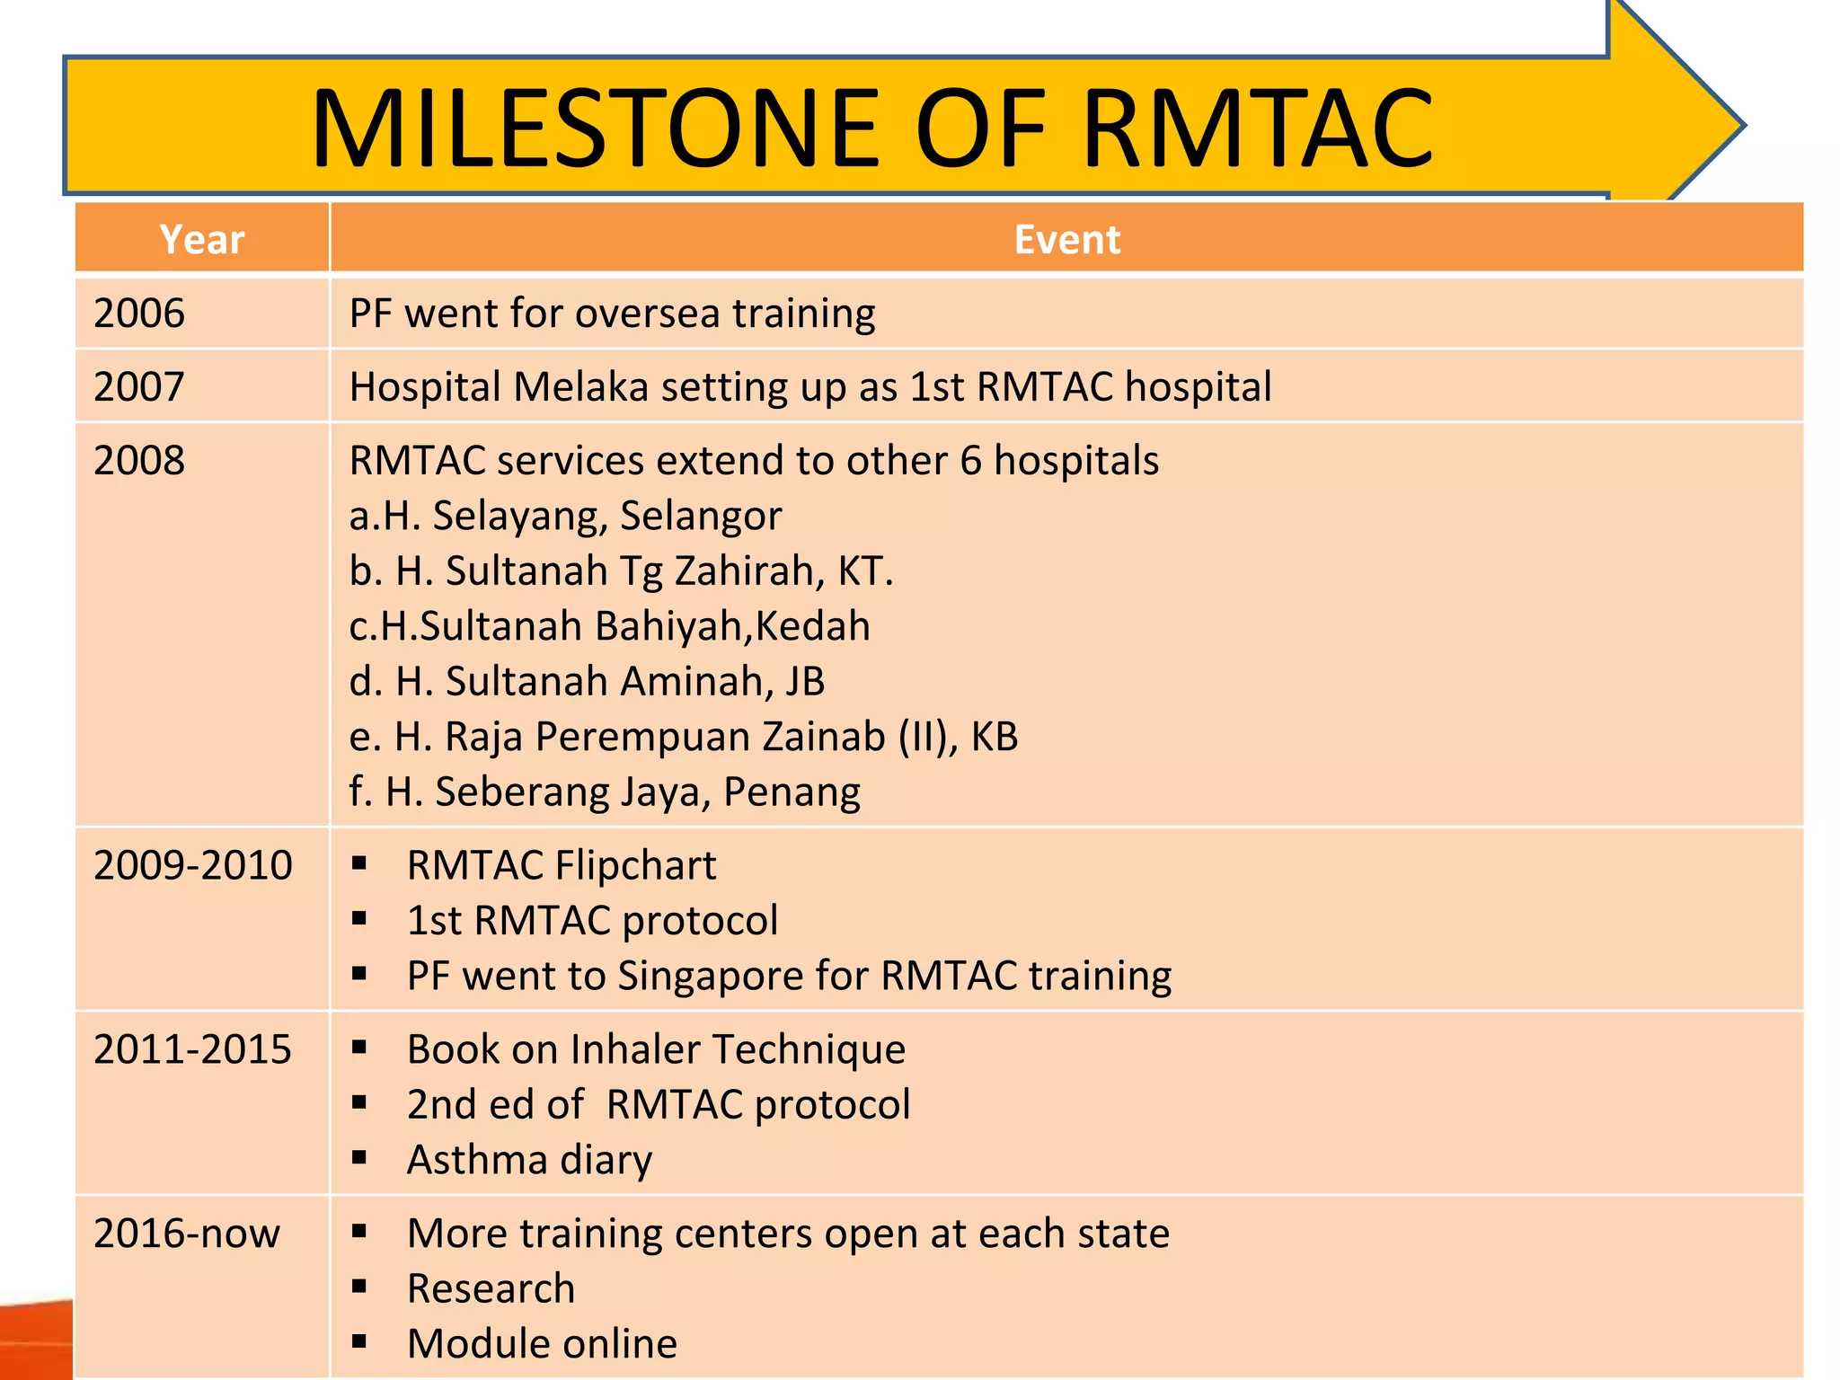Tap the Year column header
point(202,239)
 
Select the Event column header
point(1066,239)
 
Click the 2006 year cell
point(139,314)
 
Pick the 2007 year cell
point(139,387)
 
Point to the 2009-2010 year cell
point(193,865)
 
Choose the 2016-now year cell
point(187,1234)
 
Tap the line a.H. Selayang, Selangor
point(565,516)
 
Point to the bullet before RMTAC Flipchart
point(359,864)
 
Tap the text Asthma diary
point(529,1160)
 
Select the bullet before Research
point(359,1287)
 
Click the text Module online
point(542,1344)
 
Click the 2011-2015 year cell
point(193,1049)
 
